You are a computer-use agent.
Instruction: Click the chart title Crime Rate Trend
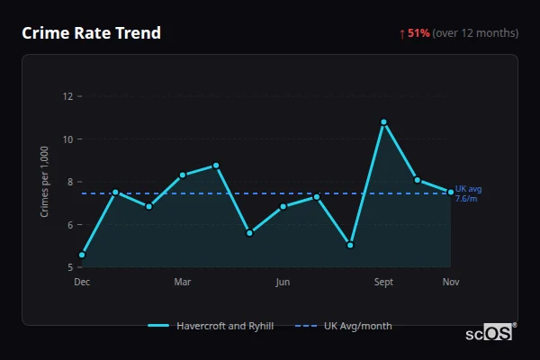click(92, 33)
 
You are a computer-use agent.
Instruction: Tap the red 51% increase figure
click(418, 33)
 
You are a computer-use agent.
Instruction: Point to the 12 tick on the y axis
click(68, 96)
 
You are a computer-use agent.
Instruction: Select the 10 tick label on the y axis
click(68, 139)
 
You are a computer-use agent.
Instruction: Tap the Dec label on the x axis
click(82, 282)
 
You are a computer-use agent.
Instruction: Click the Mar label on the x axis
click(183, 282)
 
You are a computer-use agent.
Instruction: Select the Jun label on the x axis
click(283, 282)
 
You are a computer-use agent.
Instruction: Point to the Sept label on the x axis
click(383, 282)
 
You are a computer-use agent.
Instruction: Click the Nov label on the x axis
click(451, 282)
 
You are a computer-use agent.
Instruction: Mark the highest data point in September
click(384, 121)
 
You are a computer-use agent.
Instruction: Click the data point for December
click(82, 255)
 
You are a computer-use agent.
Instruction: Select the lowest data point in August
click(350, 245)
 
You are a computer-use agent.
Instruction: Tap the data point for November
click(451, 192)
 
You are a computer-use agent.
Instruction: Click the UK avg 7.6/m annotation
click(469, 193)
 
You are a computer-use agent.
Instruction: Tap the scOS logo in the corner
click(490, 333)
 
